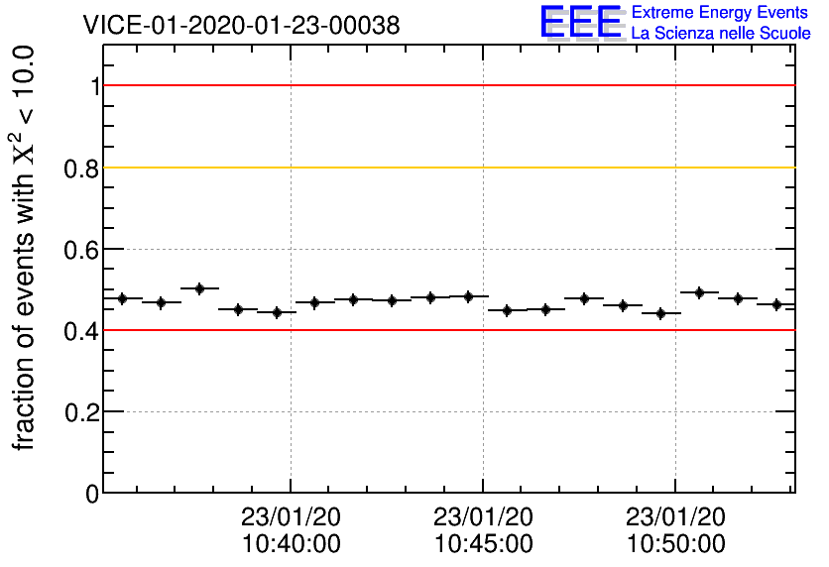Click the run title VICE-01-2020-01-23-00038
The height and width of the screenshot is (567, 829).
pyautogui.click(x=241, y=26)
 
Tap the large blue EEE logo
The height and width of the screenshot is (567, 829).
pyautogui.click(x=582, y=22)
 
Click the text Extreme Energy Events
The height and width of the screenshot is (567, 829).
pyautogui.click(x=721, y=13)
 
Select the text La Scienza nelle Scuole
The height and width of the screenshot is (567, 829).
pyautogui.click(x=721, y=34)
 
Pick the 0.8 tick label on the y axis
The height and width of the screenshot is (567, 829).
pyautogui.click(x=82, y=169)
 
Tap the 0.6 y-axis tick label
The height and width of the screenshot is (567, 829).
pyautogui.click(x=82, y=250)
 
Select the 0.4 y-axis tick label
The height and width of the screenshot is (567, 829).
pyautogui.click(x=82, y=331)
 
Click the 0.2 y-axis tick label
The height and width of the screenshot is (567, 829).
pyautogui.click(x=82, y=412)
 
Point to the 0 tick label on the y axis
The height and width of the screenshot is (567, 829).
pyautogui.click(x=92, y=494)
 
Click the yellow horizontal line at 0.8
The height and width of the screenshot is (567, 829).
pyautogui.click(x=446, y=168)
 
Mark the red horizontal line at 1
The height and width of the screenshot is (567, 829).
pyautogui.click(x=446, y=86)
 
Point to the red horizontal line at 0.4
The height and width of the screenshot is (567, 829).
pyautogui.click(x=446, y=330)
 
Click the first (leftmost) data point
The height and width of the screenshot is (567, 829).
pyautogui.click(x=123, y=298)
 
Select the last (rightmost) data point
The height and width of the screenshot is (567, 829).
pyautogui.click(x=776, y=304)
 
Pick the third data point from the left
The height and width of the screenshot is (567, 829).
pyautogui.click(x=199, y=288)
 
